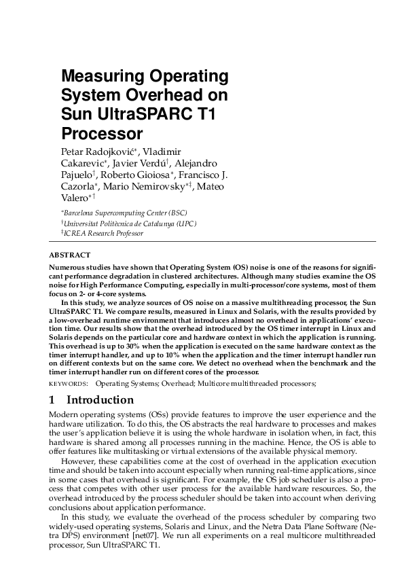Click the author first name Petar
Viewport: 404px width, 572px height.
pos(73,150)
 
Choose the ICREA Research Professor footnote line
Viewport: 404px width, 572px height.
pos(103,232)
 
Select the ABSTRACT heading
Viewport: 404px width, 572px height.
pos(69,255)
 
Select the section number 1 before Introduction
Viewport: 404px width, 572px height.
pos(53,400)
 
